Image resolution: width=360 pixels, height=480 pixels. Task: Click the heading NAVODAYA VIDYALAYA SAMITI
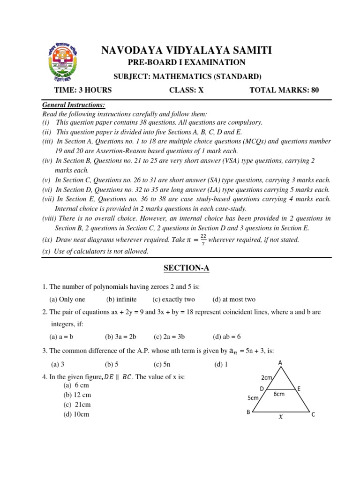(186, 51)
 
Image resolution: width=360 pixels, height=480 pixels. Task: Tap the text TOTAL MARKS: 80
(284, 90)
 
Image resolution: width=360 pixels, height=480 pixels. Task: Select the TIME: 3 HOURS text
(82, 90)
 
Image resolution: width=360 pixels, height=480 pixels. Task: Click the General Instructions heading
(74, 105)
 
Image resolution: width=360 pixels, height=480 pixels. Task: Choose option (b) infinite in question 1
(121, 299)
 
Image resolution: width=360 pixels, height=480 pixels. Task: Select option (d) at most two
(234, 299)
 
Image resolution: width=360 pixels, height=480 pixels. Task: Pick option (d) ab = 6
(226, 336)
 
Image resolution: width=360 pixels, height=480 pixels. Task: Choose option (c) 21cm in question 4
(77, 405)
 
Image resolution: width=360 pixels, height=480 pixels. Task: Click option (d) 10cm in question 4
(77, 414)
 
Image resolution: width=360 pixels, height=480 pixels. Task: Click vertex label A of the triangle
(280, 362)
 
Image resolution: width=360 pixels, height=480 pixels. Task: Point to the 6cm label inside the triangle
(279, 394)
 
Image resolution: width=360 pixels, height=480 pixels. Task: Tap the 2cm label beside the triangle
(267, 377)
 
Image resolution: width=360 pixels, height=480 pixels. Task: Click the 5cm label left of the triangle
(253, 398)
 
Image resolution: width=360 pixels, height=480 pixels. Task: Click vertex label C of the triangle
(313, 414)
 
